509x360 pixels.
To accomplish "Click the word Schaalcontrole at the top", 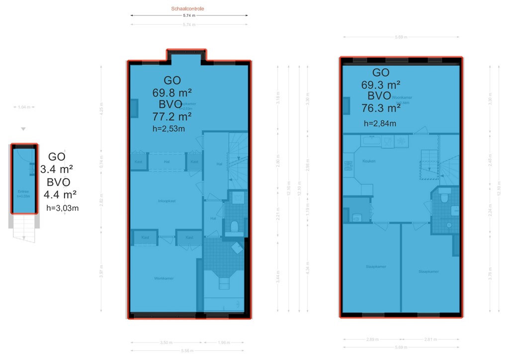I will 187,9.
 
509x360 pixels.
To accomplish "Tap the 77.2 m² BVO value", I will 172,117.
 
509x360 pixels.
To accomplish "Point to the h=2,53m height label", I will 169,129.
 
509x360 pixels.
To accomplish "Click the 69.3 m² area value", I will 381,84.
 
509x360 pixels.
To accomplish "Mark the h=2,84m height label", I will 380,123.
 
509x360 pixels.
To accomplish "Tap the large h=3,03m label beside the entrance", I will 62,208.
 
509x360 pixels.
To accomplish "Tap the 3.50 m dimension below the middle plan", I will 167,342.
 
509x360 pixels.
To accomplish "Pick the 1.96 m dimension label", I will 225,342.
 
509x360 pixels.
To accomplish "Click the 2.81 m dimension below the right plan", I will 430,339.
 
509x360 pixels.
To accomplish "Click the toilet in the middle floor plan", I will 235,226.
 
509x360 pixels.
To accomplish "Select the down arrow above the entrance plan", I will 23,129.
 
